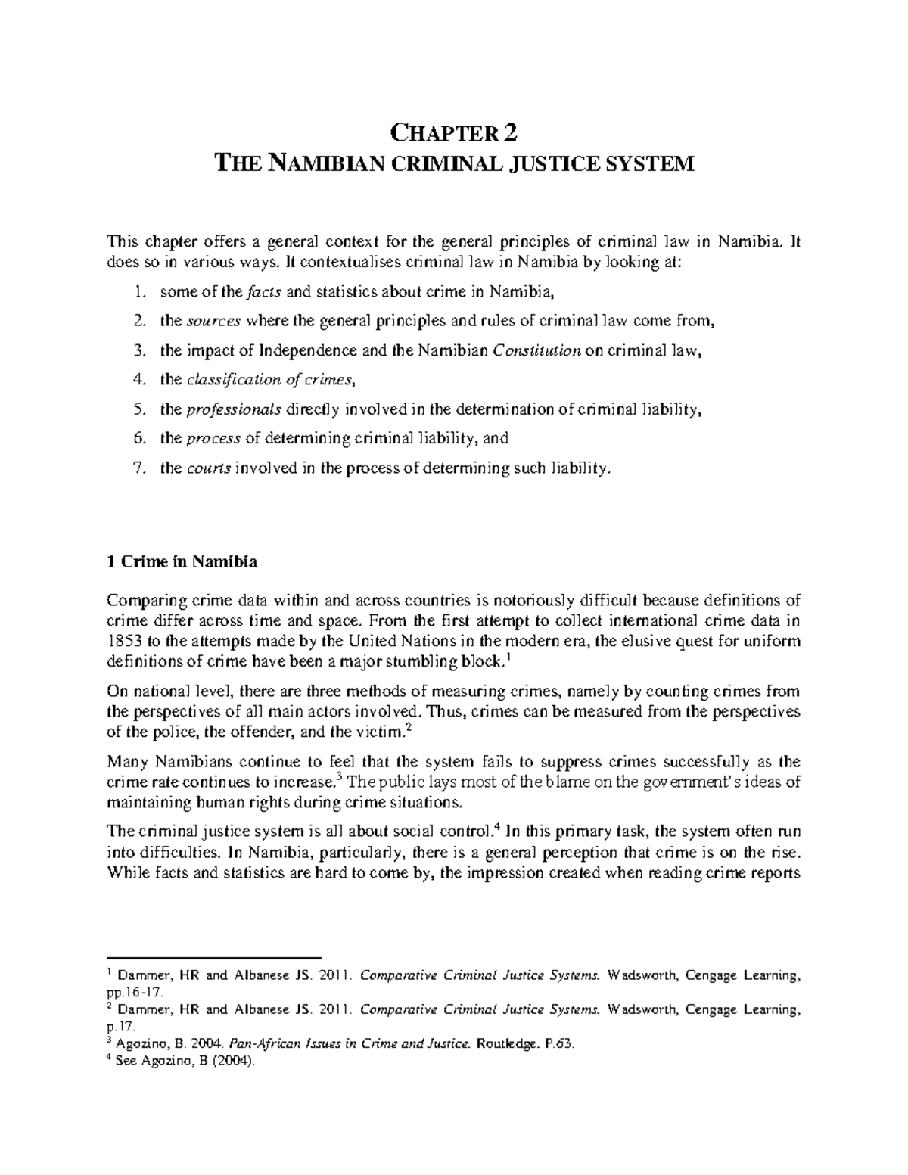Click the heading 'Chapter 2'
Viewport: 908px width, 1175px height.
pos(454,134)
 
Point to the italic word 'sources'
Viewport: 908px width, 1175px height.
pos(214,321)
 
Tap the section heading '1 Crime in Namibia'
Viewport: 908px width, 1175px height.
pos(182,561)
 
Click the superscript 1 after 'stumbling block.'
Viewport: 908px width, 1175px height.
pos(506,657)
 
